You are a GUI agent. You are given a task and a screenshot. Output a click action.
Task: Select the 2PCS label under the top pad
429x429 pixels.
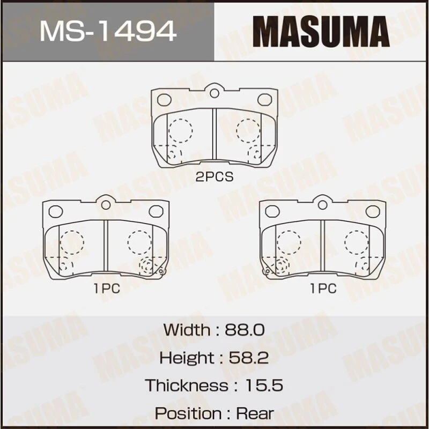pyautogui.click(x=214, y=177)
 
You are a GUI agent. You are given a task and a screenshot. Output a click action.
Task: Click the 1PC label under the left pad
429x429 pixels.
pyautogui.click(x=106, y=289)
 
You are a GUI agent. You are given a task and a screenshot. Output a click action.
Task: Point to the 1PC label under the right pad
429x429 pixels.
pyautogui.click(x=323, y=289)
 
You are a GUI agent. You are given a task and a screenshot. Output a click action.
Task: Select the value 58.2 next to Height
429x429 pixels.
pyautogui.click(x=248, y=357)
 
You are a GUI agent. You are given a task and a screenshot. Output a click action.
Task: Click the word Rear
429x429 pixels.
pyautogui.click(x=254, y=413)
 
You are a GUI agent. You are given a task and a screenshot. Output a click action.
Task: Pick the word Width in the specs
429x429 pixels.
pyautogui.click(x=187, y=329)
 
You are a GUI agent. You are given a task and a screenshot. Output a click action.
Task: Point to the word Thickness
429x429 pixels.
pyautogui.click(x=186, y=385)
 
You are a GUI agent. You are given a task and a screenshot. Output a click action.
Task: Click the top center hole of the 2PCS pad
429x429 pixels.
pyautogui.click(x=214, y=93)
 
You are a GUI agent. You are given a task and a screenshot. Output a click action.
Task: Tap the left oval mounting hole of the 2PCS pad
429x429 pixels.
pyautogui.click(x=165, y=100)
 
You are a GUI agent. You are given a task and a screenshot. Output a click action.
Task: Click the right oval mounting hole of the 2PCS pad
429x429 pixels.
pyautogui.click(x=264, y=100)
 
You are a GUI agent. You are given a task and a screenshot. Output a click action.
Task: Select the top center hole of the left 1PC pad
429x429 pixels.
pyautogui.click(x=106, y=205)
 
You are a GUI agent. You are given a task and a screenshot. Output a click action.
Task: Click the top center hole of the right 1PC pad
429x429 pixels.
pyautogui.click(x=322, y=205)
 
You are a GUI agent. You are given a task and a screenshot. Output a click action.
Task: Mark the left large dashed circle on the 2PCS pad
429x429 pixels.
pyautogui.click(x=181, y=130)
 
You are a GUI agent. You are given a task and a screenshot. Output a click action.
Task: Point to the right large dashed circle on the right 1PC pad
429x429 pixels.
pyautogui.click(x=356, y=242)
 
